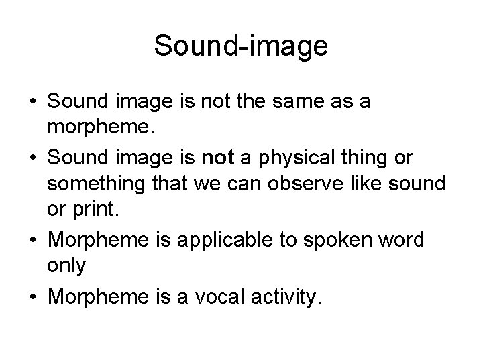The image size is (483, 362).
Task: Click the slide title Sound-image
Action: [241, 46]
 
